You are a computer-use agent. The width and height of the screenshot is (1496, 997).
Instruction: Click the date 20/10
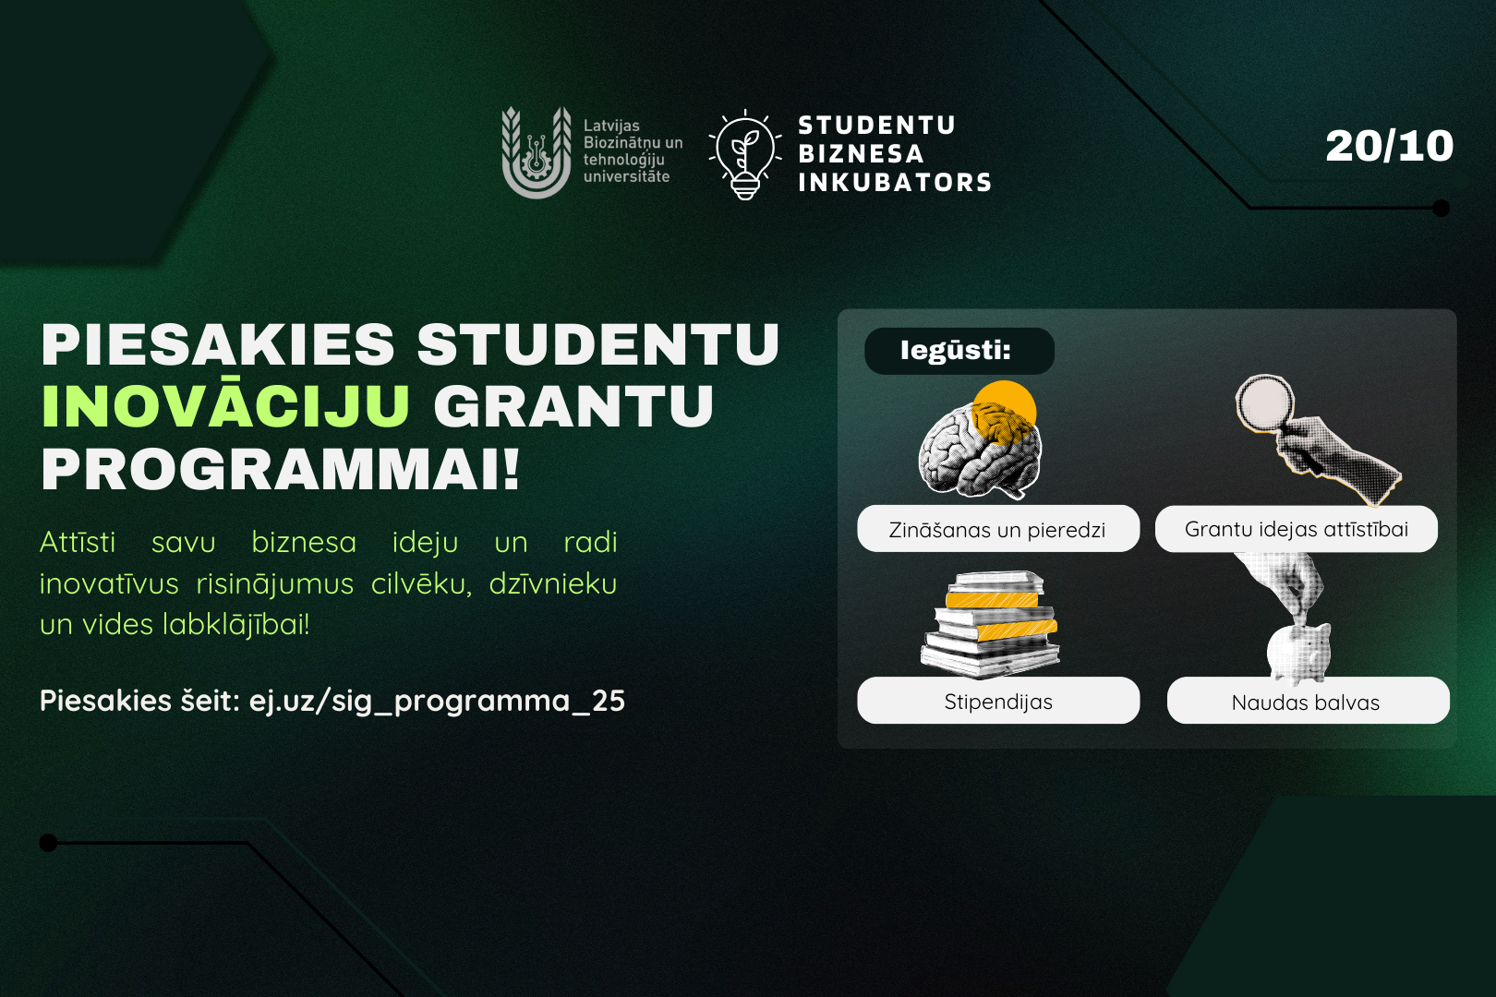[1389, 146]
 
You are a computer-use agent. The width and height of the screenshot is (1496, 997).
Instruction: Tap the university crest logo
[537, 152]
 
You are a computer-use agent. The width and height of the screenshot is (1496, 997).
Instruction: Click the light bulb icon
[744, 155]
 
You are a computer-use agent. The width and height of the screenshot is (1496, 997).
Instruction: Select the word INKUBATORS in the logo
[895, 182]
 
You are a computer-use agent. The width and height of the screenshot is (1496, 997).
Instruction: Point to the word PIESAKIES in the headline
[218, 344]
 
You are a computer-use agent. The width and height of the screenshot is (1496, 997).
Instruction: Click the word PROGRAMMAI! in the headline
[281, 470]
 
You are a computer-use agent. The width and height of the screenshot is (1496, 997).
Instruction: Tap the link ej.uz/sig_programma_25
[437, 702]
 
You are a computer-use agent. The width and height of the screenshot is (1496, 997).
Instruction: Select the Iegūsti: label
[959, 351]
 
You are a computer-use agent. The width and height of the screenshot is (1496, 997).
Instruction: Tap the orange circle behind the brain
[1003, 413]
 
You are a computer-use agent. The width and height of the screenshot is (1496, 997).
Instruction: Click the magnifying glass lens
[1265, 402]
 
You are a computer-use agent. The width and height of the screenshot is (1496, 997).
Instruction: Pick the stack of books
[990, 624]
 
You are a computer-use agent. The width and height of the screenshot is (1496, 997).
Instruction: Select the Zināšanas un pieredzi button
[997, 529]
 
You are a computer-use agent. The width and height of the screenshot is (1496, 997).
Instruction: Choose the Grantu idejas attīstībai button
[1297, 529]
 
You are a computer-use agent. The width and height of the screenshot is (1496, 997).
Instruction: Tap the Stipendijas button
[997, 701]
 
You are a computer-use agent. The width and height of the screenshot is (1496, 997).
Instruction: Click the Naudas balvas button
[1308, 701]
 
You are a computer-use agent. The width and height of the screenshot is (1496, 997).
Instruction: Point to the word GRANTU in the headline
[573, 406]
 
